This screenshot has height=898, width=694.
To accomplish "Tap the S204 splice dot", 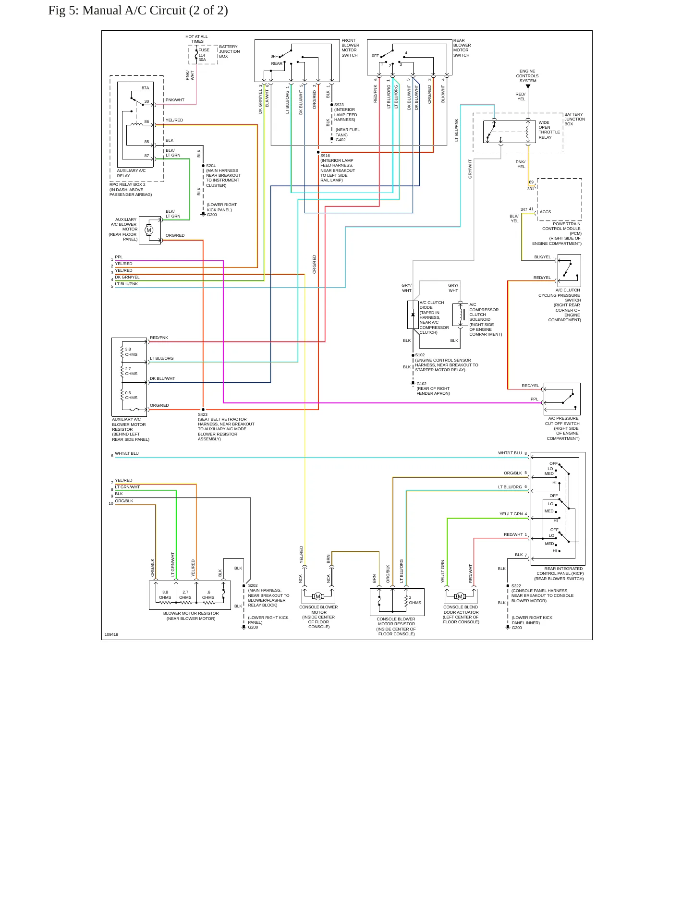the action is (203, 166).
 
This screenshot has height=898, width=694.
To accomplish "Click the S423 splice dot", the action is (203, 410).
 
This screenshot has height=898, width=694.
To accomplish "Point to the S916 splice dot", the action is (318, 152).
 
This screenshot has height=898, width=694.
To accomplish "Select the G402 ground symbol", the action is (331, 140).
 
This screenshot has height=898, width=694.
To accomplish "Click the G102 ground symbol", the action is (413, 384).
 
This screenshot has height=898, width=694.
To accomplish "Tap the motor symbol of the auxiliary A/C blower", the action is (149, 230).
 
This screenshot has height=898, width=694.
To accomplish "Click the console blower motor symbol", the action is (318, 596).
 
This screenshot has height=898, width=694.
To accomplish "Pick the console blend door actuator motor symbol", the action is (460, 596).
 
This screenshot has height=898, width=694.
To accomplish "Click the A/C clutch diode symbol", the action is (413, 315).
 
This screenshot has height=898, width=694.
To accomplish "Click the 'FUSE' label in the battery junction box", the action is (204, 50).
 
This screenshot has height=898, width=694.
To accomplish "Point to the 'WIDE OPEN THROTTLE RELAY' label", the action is (549, 130).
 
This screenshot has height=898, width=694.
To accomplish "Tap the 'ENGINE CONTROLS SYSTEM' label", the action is (527, 76).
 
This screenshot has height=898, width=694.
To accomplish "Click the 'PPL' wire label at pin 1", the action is (119, 257).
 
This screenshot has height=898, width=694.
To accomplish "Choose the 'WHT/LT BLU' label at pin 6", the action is (127, 453).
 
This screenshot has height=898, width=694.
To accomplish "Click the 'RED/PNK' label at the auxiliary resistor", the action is (159, 338).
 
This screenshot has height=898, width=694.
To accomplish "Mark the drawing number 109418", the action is (111, 634).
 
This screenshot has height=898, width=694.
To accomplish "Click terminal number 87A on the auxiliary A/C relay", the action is (146, 88).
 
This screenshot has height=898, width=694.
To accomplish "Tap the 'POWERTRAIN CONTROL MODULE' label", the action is (561, 226).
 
